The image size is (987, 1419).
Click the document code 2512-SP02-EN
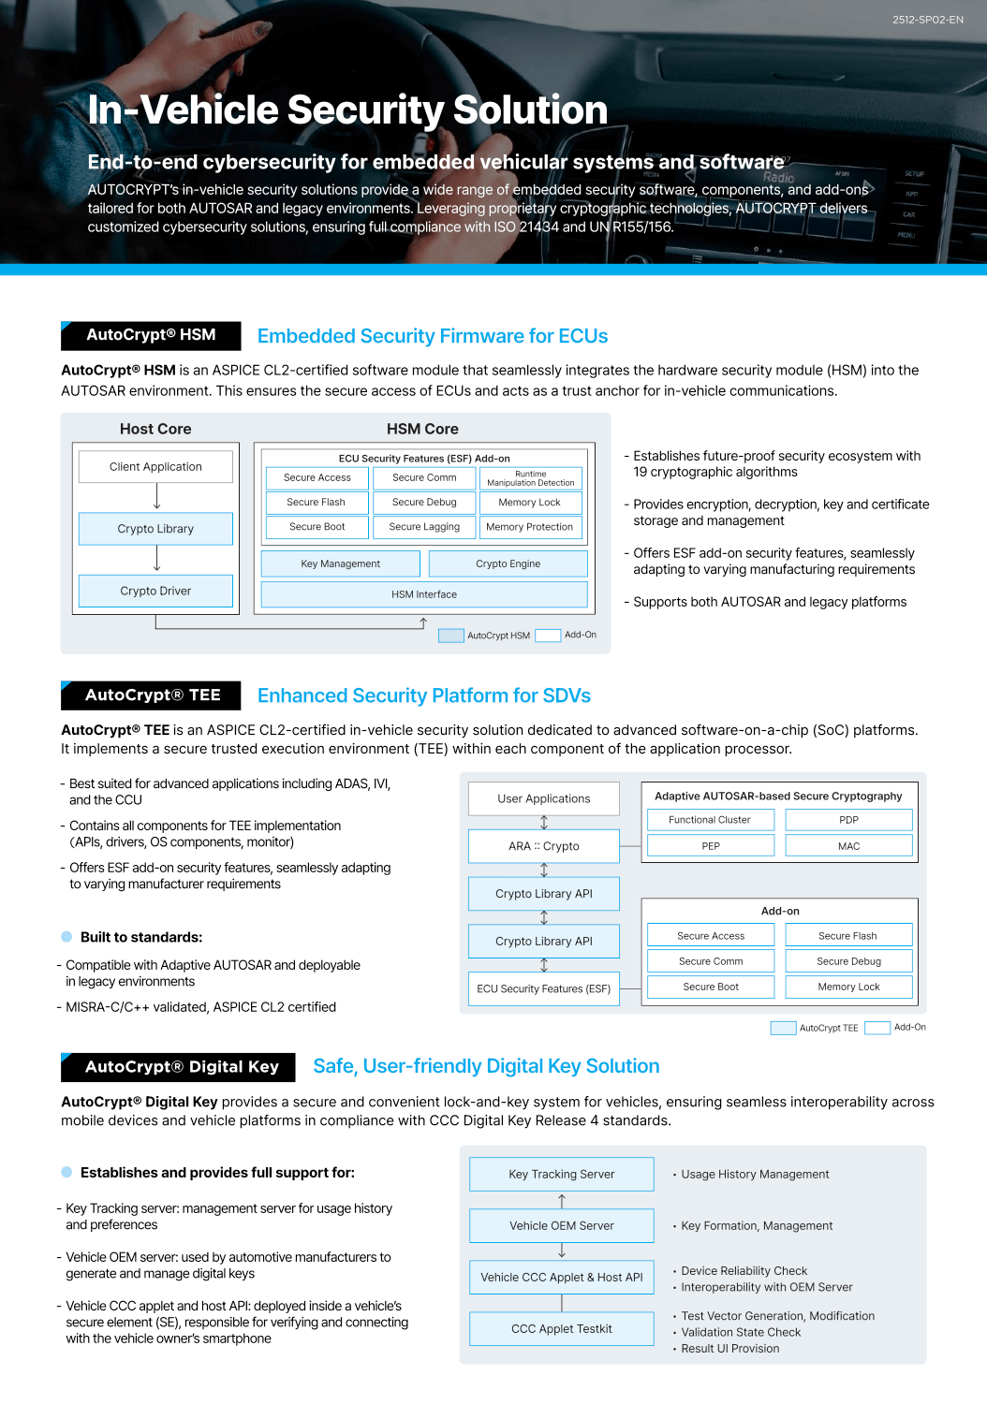pos(927,20)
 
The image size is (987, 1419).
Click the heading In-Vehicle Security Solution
pos(347,110)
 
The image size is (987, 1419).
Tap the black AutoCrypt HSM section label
pos(151,335)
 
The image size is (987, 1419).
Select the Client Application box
pos(155,467)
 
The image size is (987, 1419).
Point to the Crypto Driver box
pos(155,592)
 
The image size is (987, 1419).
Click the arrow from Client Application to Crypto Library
pos(156,497)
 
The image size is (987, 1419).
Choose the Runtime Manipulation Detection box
pos(530,478)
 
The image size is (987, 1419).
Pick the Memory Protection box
pos(529,527)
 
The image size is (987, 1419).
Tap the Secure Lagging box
pos(424,527)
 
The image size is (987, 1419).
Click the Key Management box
pos(340,564)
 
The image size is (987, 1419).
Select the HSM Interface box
pos(424,594)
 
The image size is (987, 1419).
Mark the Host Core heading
pos(155,429)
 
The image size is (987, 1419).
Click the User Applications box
pos(544,798)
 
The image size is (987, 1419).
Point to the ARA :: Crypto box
pos(544,846)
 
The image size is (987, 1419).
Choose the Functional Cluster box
pos(710,820)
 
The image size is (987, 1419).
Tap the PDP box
pos(848,820)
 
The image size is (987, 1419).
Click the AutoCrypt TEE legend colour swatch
pos(783,1028)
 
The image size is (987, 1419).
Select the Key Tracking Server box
pos(562,1175)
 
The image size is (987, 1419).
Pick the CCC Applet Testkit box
pos(562,1329)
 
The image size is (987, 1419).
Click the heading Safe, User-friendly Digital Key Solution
pos(486,1066)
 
